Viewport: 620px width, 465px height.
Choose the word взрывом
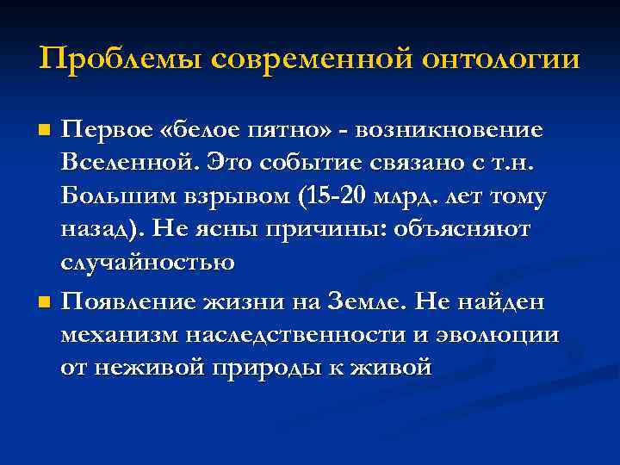pyautogui.click(x=227, y=197)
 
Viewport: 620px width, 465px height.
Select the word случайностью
pyautogui.click(x=147, y=263)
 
